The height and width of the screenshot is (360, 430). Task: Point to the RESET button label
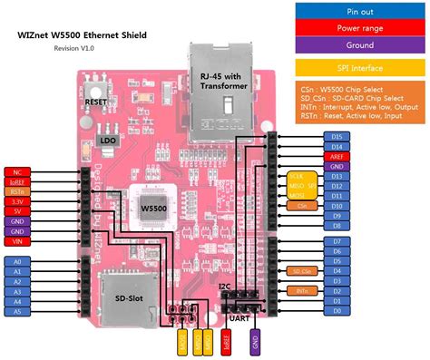97,102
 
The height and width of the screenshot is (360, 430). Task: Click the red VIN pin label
17,241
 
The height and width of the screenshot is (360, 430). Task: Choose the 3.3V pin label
17,201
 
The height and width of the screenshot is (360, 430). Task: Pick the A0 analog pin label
17,260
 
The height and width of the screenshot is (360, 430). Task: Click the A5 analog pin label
17,310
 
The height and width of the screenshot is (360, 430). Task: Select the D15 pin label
337,136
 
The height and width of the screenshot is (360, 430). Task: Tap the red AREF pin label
337,156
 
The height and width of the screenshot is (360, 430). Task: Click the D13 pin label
337,176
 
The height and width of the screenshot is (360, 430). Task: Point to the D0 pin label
337,310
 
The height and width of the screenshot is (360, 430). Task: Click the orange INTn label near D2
301,290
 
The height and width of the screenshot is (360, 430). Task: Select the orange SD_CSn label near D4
301,270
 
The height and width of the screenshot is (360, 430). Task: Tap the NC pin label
17,171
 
